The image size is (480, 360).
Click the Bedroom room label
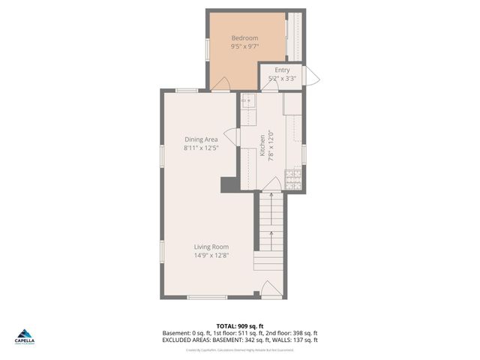click(244, 38)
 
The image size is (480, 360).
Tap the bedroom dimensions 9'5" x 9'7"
click(244, 46)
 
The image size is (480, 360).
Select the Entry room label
click(282, 70)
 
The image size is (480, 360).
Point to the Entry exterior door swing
click(313, 76)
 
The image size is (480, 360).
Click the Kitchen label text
click(262, 144)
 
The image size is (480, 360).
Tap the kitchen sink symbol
click(247, 99)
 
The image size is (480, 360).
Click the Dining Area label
click(201, 139)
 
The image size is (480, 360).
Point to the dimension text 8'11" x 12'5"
click(201, 148)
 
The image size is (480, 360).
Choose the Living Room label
click(211, 247)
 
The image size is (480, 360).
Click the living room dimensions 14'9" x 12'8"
click(211, 255)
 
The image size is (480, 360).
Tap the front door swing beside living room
click(268, 289)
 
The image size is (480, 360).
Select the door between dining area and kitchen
click(232, 136)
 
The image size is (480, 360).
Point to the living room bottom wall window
click(207, 298)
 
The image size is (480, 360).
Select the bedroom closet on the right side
click(295, 37)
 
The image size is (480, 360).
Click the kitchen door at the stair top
click(274, 184)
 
